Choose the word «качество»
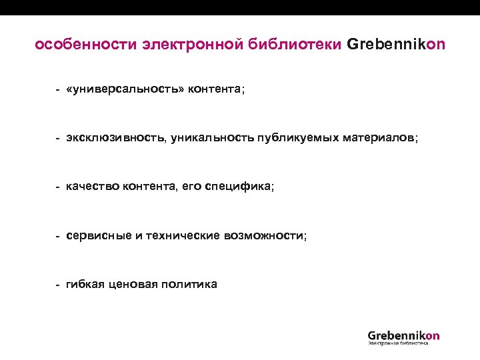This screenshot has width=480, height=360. pyautogui.click(x=92, y=187)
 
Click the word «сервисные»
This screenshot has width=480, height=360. pyautogui.click(x=99, y=236)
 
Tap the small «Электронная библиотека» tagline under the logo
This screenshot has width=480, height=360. pyautogui.click(x=398, y=345)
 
